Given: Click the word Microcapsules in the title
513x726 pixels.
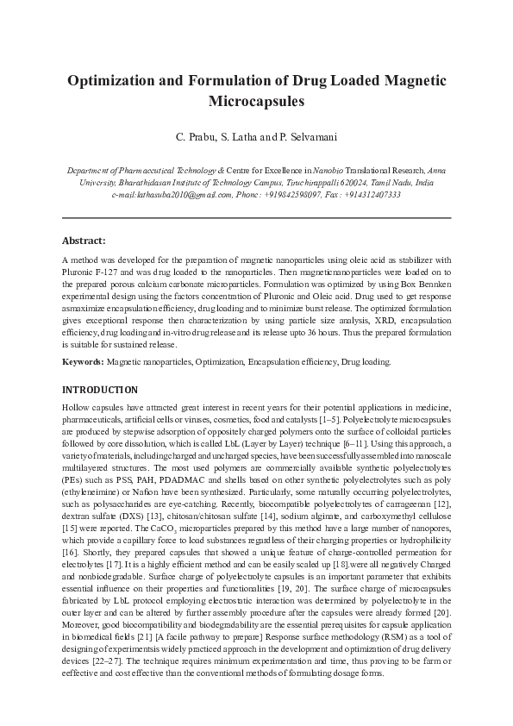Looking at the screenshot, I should [x=256, y=101].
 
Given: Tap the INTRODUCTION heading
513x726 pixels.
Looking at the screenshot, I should [x=100, y=390].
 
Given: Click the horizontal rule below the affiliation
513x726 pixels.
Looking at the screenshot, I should [x=256, y=217].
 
